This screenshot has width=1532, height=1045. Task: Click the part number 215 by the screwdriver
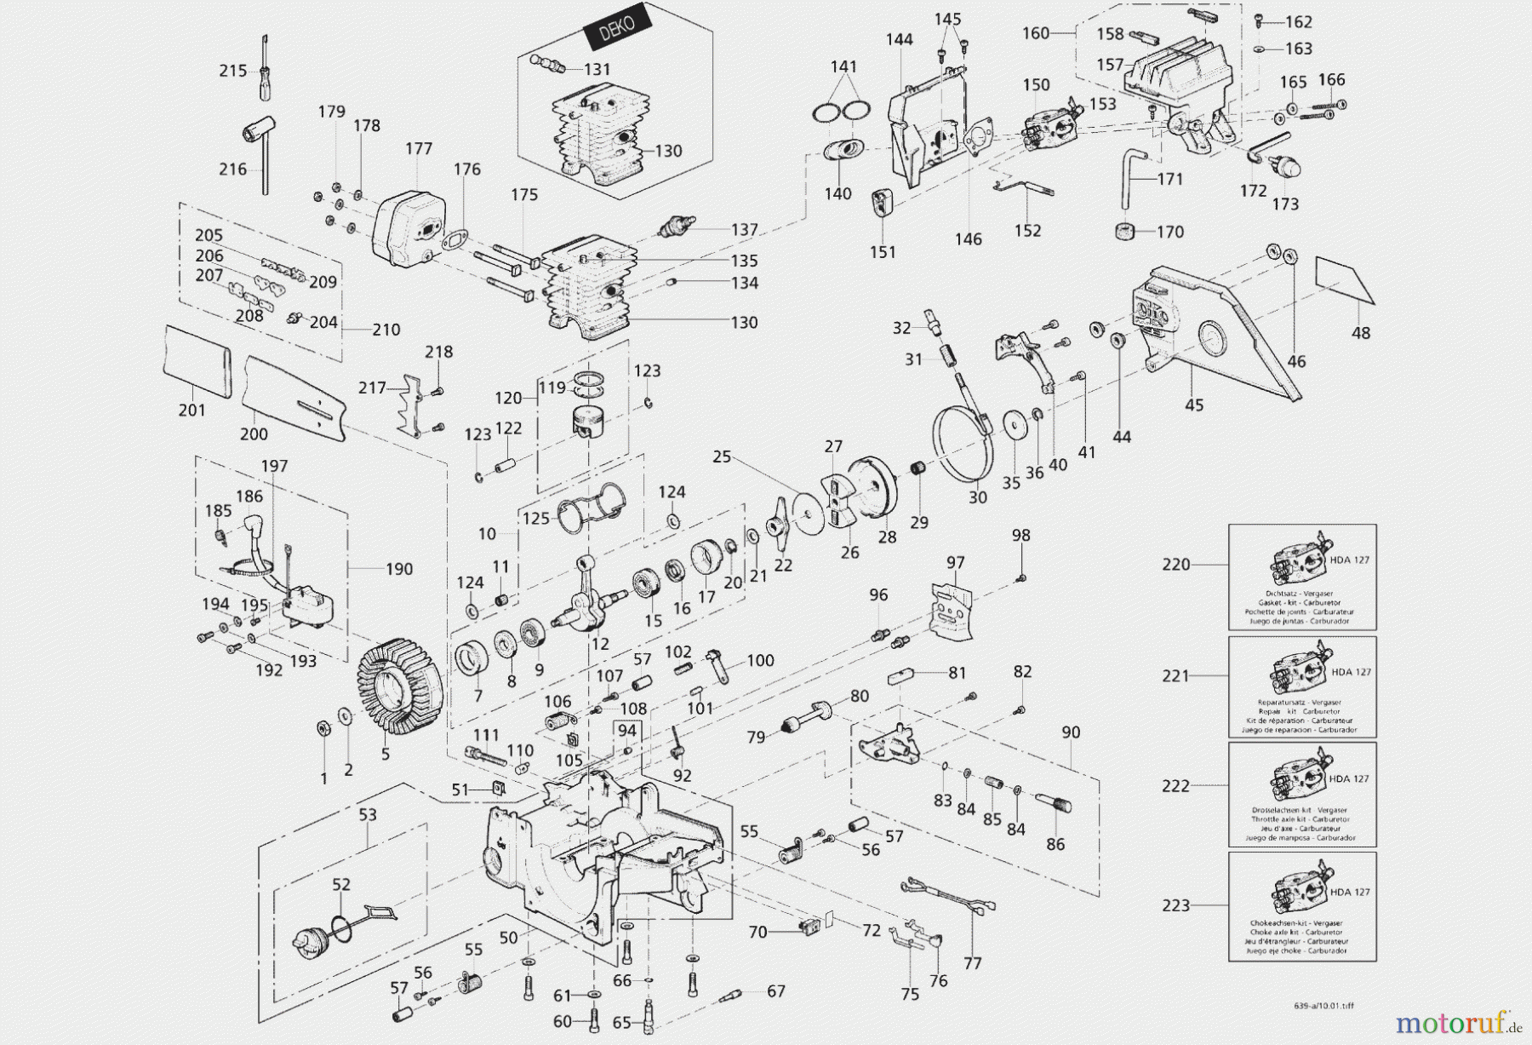pos(232,71)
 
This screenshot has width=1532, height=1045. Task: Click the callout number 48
pos(1361,333)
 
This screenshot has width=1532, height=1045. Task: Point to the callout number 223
pos(1175,905)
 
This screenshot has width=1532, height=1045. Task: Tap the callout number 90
pos(1071,732)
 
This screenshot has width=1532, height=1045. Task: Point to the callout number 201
pos(191,410)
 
